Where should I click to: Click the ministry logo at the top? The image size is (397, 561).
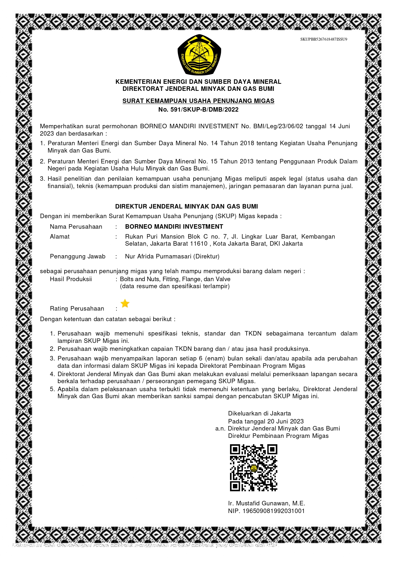pyautogui.click(x=199, y=55)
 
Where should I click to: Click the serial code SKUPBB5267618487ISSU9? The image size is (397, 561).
pyautogui.click(x=323, y=39)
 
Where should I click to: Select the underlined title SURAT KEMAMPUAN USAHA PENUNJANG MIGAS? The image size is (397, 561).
pyautogui.click(x=198, y=101)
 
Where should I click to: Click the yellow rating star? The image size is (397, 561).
pyautogui.click(x=125, y=303)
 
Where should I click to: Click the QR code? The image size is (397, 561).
pyautogui.click(x=253, y=467)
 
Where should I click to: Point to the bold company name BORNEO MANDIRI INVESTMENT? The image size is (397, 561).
pyautogui.click(x=174, y=226)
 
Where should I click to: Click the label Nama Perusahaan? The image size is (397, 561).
pyautogui.click(x=76, y=226)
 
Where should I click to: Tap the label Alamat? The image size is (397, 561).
pyautogui.click(x=60, y=236)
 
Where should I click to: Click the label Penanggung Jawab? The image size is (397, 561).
pyautogui.click(x=77, y=256)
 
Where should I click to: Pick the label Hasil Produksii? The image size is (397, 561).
pyautogui.click(x=71, y=279)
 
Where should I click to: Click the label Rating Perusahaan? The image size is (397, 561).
pyautogui.click(x=77, y=308)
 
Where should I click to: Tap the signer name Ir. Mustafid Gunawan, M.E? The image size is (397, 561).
pyautogui.click(x=266, y=503)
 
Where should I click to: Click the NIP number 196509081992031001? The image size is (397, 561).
pyautogui.click(x=274, y=511)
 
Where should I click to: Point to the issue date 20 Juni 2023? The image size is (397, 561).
pyautogui.click(x=285, y=421)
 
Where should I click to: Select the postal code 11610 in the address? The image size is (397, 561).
pyautogui.click(x=199, y=243)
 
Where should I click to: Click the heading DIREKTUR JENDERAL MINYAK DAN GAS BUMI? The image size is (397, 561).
pyautogui.click(x=187, y=206)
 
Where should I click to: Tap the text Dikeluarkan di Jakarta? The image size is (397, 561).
pyautogui.click(x=259, y=413)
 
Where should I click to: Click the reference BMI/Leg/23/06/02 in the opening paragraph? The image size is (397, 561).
pyautogui.click(x=278, y=126)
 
